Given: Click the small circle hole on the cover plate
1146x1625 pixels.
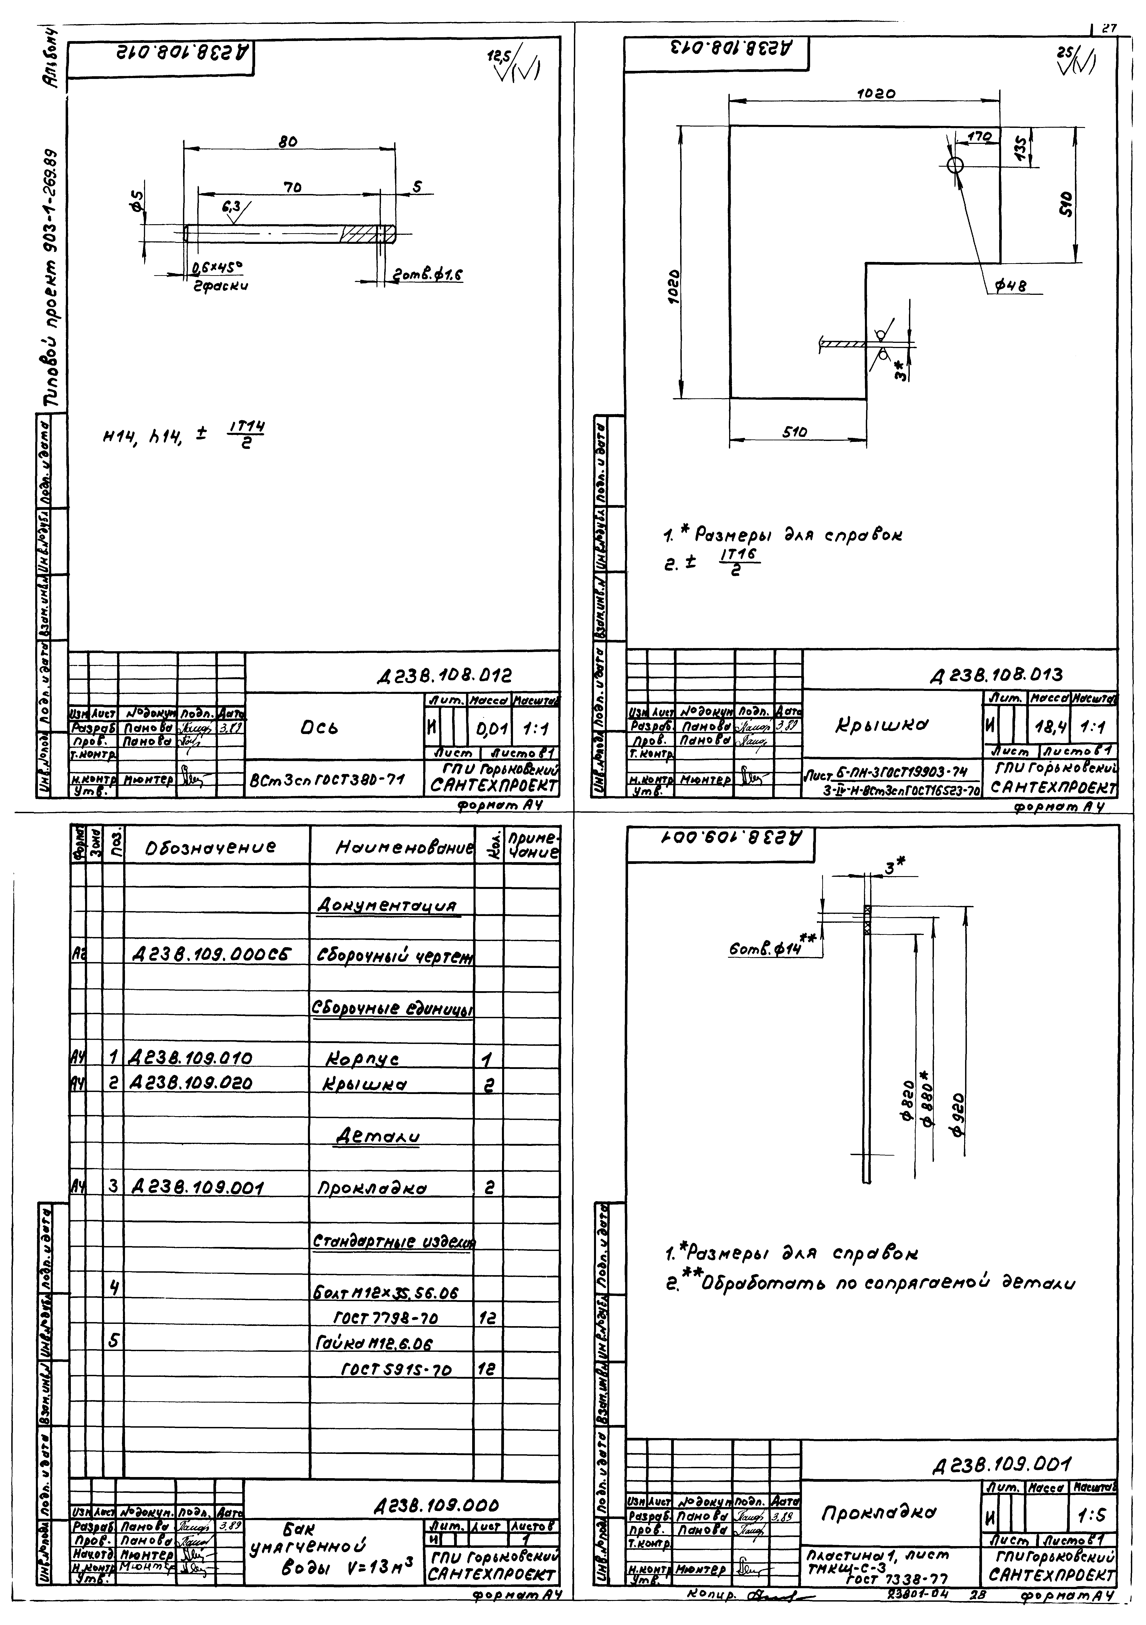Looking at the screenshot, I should point(955,165).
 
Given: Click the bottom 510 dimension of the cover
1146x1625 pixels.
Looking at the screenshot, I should point(796,432).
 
